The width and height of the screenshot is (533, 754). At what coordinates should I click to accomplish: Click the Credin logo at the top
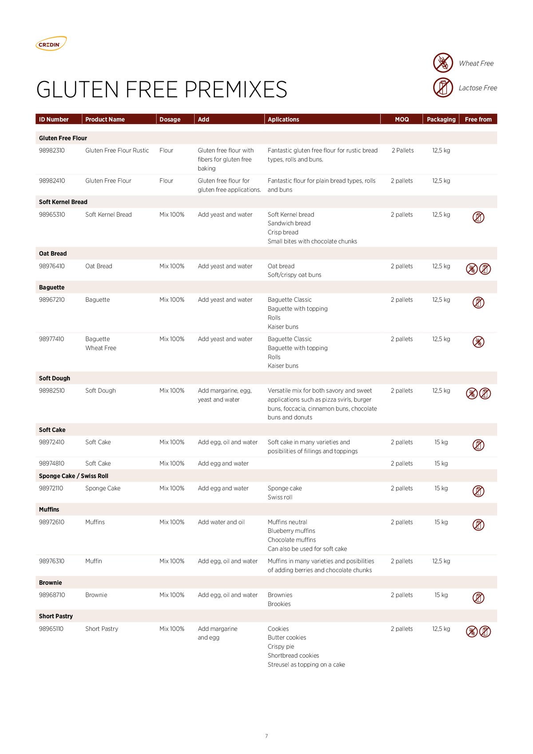point(51,44)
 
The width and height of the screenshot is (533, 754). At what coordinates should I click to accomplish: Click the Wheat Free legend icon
point(443,63)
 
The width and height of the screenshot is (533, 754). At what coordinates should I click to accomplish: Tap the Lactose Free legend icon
point(443,88)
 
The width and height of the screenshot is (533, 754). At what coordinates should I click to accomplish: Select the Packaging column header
point(441,119)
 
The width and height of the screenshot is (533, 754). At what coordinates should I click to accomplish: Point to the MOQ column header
point(402,119)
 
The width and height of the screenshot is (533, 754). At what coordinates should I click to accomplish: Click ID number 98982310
point(52,150)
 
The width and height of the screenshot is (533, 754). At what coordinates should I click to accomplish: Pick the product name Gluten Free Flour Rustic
point(117,150)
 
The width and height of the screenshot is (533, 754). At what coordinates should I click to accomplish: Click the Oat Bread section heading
point(53,253)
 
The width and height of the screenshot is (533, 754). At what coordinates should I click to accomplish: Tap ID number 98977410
point(52,339)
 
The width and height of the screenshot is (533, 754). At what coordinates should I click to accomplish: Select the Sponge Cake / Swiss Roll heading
point(73,476)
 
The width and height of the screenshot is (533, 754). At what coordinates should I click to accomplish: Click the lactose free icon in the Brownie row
point(478,598)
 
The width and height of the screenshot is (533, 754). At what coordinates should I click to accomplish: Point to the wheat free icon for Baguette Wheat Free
point(478,342)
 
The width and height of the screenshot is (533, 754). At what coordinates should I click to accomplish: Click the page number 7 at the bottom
point(266,736)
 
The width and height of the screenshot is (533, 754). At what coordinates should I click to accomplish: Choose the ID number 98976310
point(52,561)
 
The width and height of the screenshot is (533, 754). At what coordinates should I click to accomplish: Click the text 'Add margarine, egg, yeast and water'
point(225,395)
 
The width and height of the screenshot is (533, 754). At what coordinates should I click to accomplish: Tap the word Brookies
point(279,604)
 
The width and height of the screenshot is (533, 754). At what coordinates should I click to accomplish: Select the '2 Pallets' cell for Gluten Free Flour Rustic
point(402,150)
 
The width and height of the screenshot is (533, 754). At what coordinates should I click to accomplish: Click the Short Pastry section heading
point(56,616)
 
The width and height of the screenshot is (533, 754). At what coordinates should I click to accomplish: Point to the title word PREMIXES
point(235,89)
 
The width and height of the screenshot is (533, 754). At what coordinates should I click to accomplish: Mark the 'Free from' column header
point(478,119)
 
